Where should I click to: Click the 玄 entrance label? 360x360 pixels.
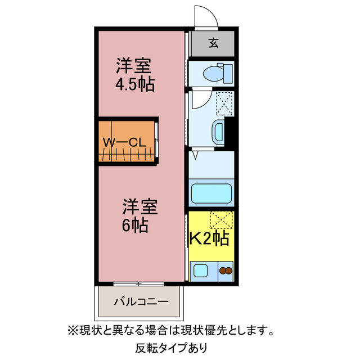[214, 43]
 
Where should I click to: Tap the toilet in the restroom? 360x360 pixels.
[214, 73]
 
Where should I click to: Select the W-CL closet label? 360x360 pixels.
[124, 142]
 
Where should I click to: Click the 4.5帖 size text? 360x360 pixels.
[135, 85]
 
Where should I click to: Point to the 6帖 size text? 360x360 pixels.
[136, 226]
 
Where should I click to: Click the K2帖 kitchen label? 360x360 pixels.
[209, 238]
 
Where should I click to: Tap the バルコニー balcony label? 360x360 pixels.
[141, 301]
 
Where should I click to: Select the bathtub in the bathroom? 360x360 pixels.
[211, 193]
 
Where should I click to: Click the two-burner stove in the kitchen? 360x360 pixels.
[225, 271]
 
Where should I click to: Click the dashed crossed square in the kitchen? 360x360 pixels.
[222, 219]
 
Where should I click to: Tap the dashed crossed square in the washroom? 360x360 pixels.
[224, 102]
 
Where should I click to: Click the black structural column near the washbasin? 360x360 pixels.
[229, 133]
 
